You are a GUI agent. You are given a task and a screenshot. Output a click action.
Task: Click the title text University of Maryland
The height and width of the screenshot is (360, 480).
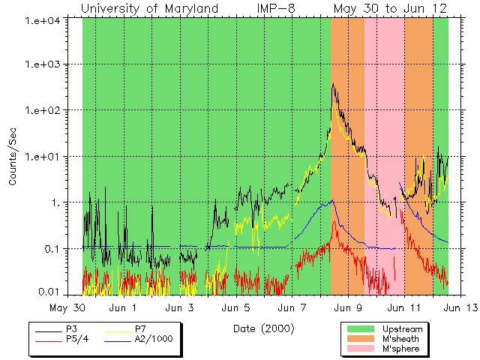149,9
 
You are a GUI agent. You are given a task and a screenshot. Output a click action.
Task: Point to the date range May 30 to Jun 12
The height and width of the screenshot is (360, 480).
390,9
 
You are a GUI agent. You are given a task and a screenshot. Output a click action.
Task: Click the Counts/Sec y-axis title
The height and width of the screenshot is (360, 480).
13,157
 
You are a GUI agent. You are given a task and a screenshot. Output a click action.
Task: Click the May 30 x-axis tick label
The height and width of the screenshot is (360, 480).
67,307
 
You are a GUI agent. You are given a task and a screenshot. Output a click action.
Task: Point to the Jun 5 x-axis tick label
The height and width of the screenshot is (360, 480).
237,307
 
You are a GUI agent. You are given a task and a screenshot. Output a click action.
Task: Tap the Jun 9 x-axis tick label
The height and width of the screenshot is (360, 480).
348,307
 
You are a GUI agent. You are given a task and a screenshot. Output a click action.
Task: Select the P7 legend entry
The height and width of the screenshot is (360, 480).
140,329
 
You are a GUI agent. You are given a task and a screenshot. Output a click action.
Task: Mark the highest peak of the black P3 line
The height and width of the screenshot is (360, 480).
332,83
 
